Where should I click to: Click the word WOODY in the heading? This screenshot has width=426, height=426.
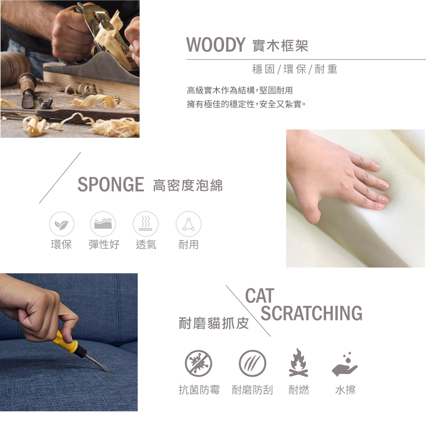click(216, 45)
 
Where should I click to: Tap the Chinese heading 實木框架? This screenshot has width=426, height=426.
click(280, 46)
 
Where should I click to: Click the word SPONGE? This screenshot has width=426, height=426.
click(111, 184)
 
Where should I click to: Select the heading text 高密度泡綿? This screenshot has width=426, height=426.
click(188, 185)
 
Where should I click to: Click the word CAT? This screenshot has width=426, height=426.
click(260, 296)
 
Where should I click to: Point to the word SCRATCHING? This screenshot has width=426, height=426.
click(311, 313)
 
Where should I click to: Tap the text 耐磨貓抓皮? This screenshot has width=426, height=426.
click(214, 323)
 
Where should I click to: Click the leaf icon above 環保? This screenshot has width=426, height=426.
click(62, 224)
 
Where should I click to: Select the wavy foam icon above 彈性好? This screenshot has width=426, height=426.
click(103, 224)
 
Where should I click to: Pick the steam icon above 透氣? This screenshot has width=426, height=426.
click(146, 224)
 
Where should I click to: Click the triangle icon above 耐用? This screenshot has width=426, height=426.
click(189, 224)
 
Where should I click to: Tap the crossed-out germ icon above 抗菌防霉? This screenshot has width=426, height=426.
click(199, 363)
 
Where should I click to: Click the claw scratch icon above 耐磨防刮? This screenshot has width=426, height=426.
click(252, 363)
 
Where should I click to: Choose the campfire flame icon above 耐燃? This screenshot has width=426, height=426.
click(299, 363)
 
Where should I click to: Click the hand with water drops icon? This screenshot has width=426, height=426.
click(345, 364)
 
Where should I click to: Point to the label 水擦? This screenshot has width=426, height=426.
click(345, 390)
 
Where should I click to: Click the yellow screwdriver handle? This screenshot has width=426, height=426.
click(66, 342)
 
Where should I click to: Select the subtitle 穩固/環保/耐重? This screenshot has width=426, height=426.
click(295, 69)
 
